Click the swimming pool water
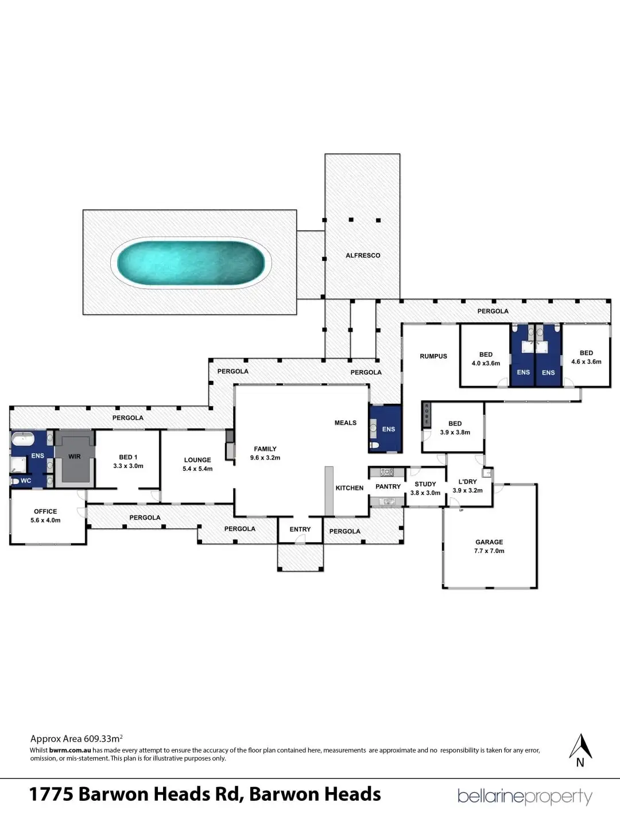point(191,263)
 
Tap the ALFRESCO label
point(363,255)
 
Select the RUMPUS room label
point(433,356)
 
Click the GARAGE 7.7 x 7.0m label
point(489,546)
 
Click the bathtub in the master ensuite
point(23,439)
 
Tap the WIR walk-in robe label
point(75,457)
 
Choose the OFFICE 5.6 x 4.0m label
point(45,516)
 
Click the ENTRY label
point(300,529)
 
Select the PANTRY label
point(388,486)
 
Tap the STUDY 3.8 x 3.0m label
point(425,489)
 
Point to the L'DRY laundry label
point(467,482)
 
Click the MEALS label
point(346,423)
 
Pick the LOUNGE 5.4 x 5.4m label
point(197,464)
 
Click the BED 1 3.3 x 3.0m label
point(129,461)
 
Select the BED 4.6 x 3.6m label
point(586,357)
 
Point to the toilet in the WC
point(14,481)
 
